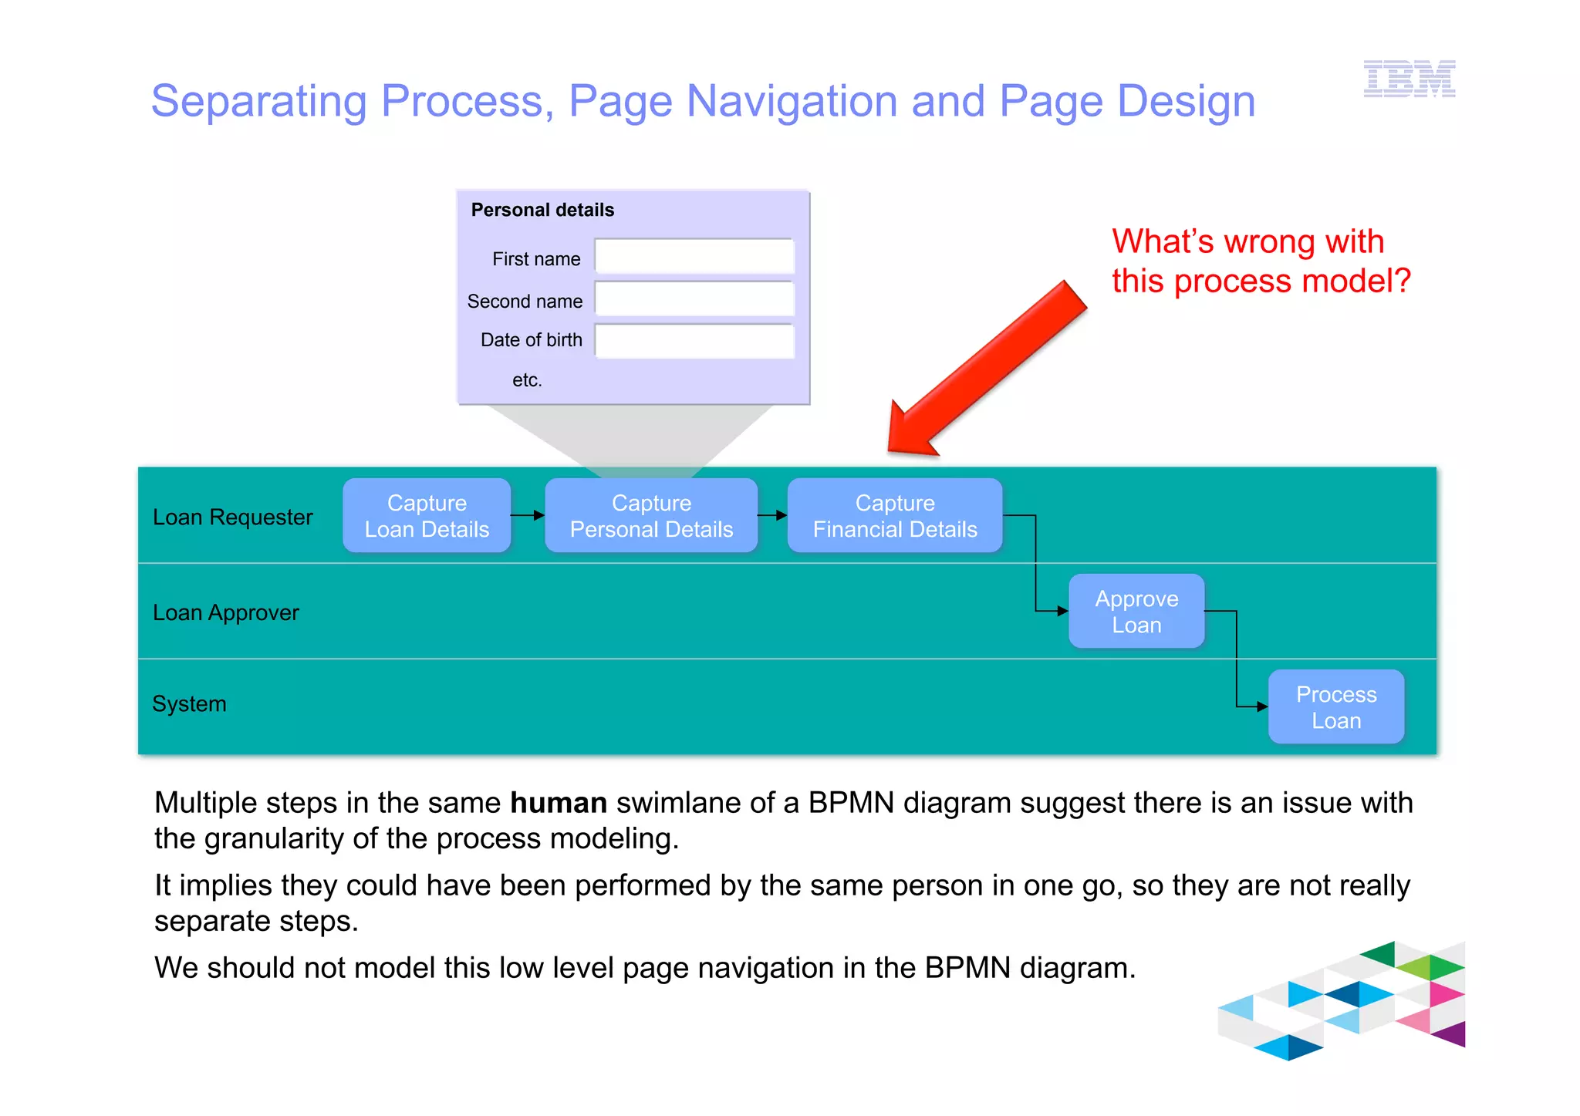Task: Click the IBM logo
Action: [1409, 79]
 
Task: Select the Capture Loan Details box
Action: [427, 516]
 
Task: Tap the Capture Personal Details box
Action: [651, 516]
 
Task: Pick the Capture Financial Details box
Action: [895, 516]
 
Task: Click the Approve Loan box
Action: [1136, 612]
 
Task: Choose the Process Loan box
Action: [1336, 707]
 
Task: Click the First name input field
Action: [694, 257]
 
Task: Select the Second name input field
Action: [694, 299]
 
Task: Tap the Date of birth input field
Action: [694, 342]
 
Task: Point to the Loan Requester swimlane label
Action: [233, 517]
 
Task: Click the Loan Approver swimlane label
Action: [226, 612]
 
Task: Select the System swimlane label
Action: [190, 703]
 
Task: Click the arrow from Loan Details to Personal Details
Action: [528, 515]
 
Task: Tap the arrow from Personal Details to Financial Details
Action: [772, 515]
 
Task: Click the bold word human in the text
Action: [559, 803]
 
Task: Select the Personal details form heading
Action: [542, 210]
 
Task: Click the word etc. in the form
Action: [527, 379]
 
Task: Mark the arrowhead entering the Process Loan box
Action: [1262, 706]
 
